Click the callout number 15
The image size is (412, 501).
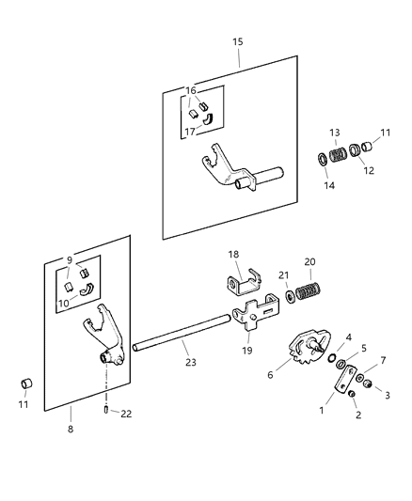click(x=237, y=42)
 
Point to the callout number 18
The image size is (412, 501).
click(x=234, y=254)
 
